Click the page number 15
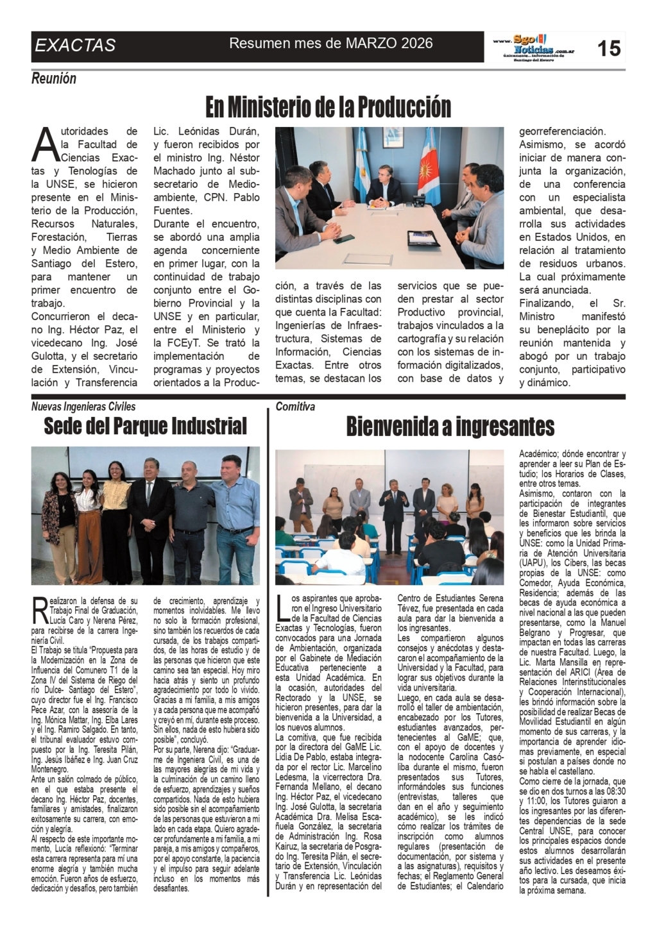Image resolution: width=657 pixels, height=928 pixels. click(x=609, y=47)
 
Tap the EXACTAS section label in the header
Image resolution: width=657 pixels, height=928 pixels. click(x=75, y=46)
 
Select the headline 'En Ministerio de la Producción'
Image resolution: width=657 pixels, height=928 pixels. click(x=328, y=107)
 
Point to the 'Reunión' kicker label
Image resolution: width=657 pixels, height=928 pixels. click(x=54, y=78)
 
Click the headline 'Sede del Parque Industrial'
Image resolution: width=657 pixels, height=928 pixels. click(x=145, y=426)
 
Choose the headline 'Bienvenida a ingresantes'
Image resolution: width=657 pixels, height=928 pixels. click(x=450, y=426)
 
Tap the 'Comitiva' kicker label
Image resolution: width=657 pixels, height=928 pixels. click(x=295, y=407)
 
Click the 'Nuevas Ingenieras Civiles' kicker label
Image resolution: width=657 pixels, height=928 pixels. click(x=83, y=407)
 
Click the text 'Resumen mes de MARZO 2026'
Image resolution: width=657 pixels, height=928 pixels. click(x=331, y=44)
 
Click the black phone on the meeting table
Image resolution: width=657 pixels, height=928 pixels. click(x=345, y=238)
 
